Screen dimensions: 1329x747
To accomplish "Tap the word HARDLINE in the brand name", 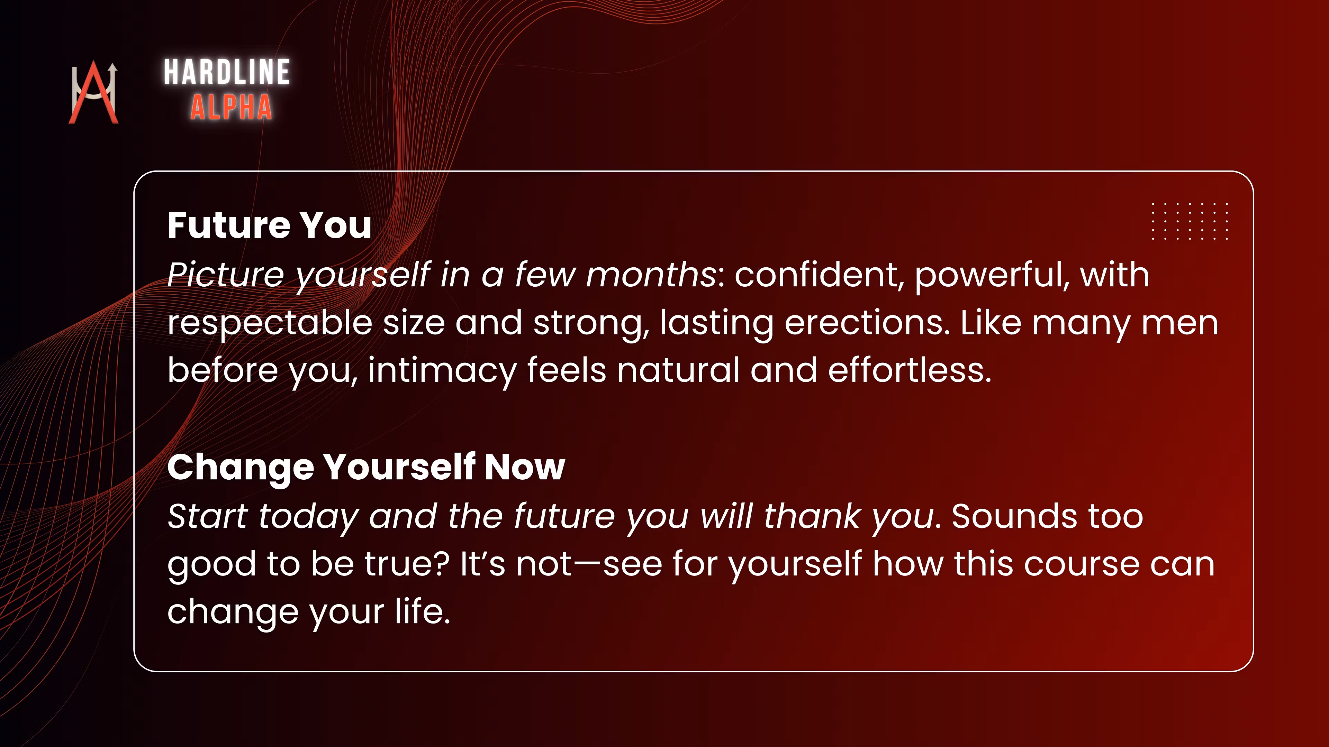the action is [x=227, y=72].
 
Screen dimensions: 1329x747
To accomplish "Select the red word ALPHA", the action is [x=231, y=107].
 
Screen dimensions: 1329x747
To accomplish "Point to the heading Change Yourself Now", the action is [x=366, y=468].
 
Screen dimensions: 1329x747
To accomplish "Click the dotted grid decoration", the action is [x=1190, y=221].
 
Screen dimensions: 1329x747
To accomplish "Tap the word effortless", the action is [x=910, y=370].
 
